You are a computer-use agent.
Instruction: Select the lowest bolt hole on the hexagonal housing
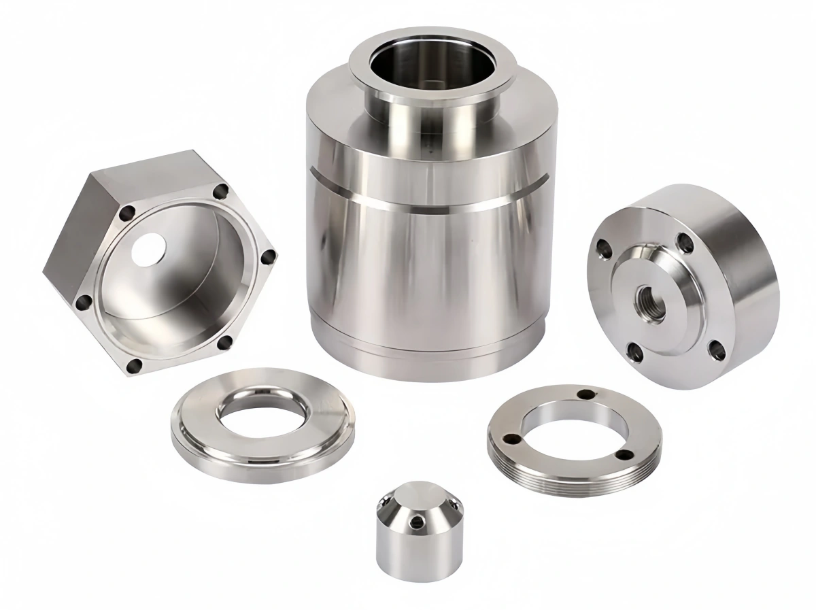point(134,367)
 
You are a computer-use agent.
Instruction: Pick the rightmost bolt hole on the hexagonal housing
point(269,257)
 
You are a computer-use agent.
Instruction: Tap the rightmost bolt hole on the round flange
point(716,351)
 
